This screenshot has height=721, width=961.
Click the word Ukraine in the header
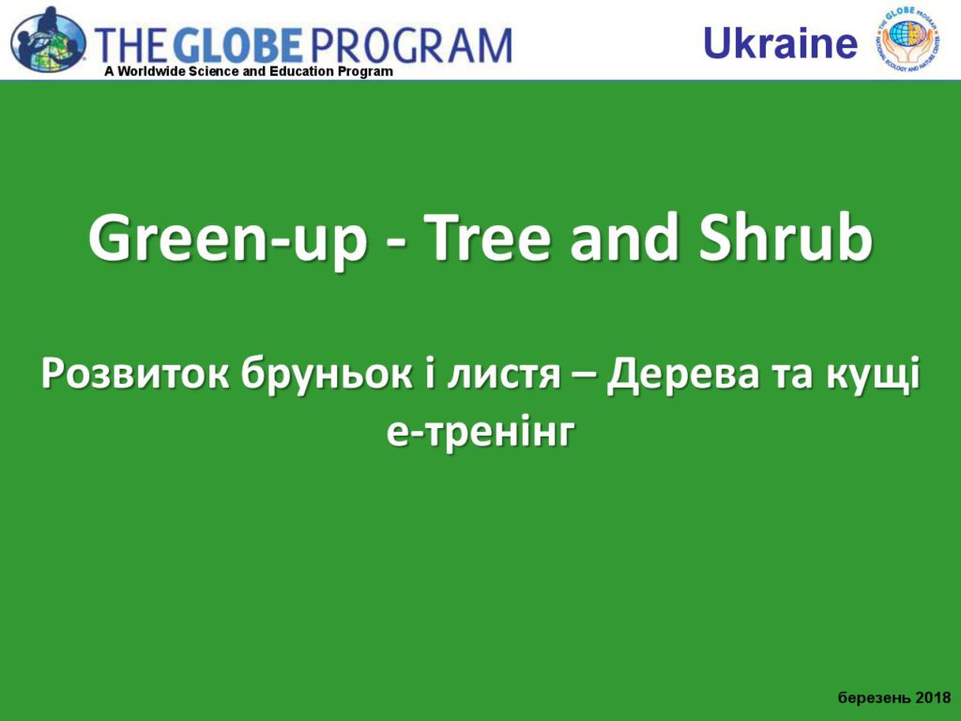click(780, 43)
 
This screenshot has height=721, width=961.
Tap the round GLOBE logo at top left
click(48, 40)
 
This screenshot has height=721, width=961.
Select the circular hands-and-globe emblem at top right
click(908, 38)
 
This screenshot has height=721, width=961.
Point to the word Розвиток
click(135, 376)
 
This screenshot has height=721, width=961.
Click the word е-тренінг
click(481, 434)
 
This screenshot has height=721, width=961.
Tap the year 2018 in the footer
click(934, 698)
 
